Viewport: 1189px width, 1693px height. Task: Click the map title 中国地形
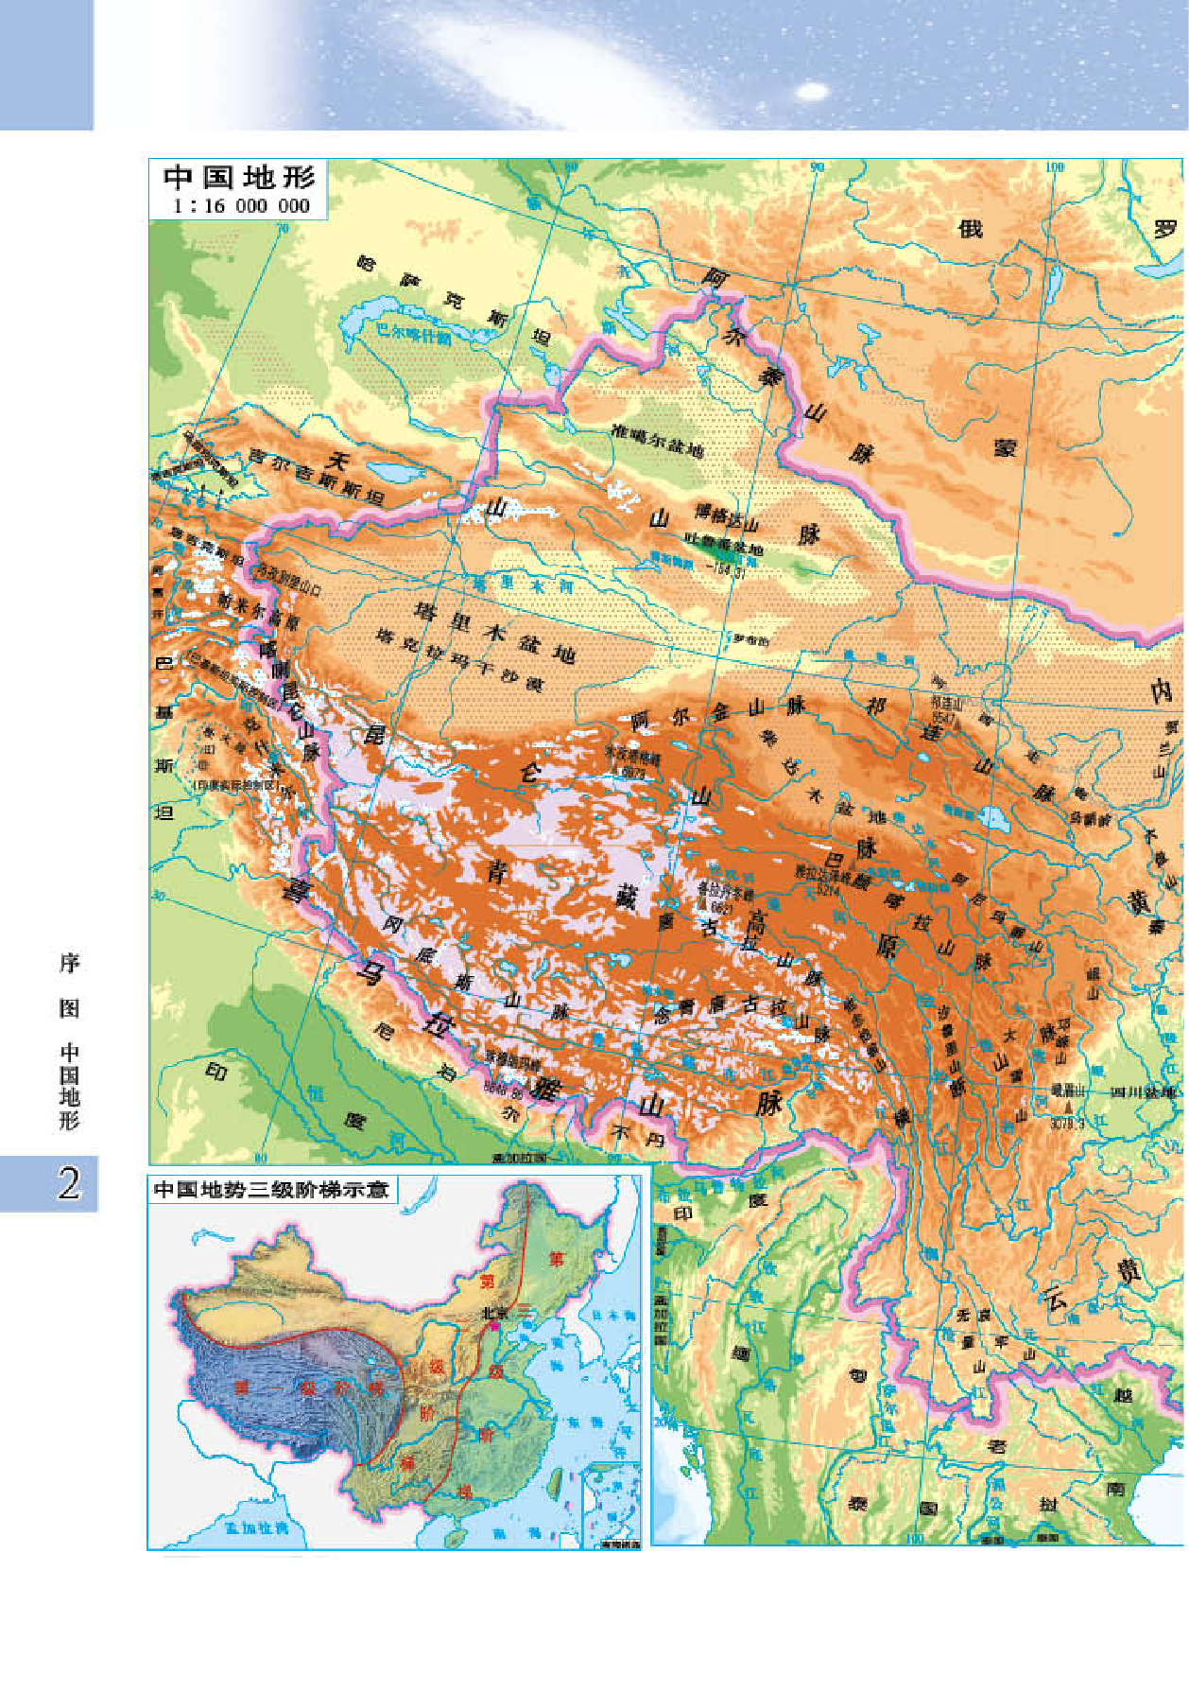(238, 178)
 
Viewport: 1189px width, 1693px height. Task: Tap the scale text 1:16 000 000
(242, 205)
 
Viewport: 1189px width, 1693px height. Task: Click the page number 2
(68, 1183)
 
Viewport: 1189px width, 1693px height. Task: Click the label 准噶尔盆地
(658, 439)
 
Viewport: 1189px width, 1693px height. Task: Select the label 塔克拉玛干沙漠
(460, 659)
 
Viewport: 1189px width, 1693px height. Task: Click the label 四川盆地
(1146, 1091)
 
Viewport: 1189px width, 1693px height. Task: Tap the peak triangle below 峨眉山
(1069, 1105)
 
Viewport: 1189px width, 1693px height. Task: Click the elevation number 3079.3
(1067, 1123)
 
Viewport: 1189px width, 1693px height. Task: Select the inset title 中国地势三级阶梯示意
(271, 1189)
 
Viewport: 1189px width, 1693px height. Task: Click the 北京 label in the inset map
(494, 1313)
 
